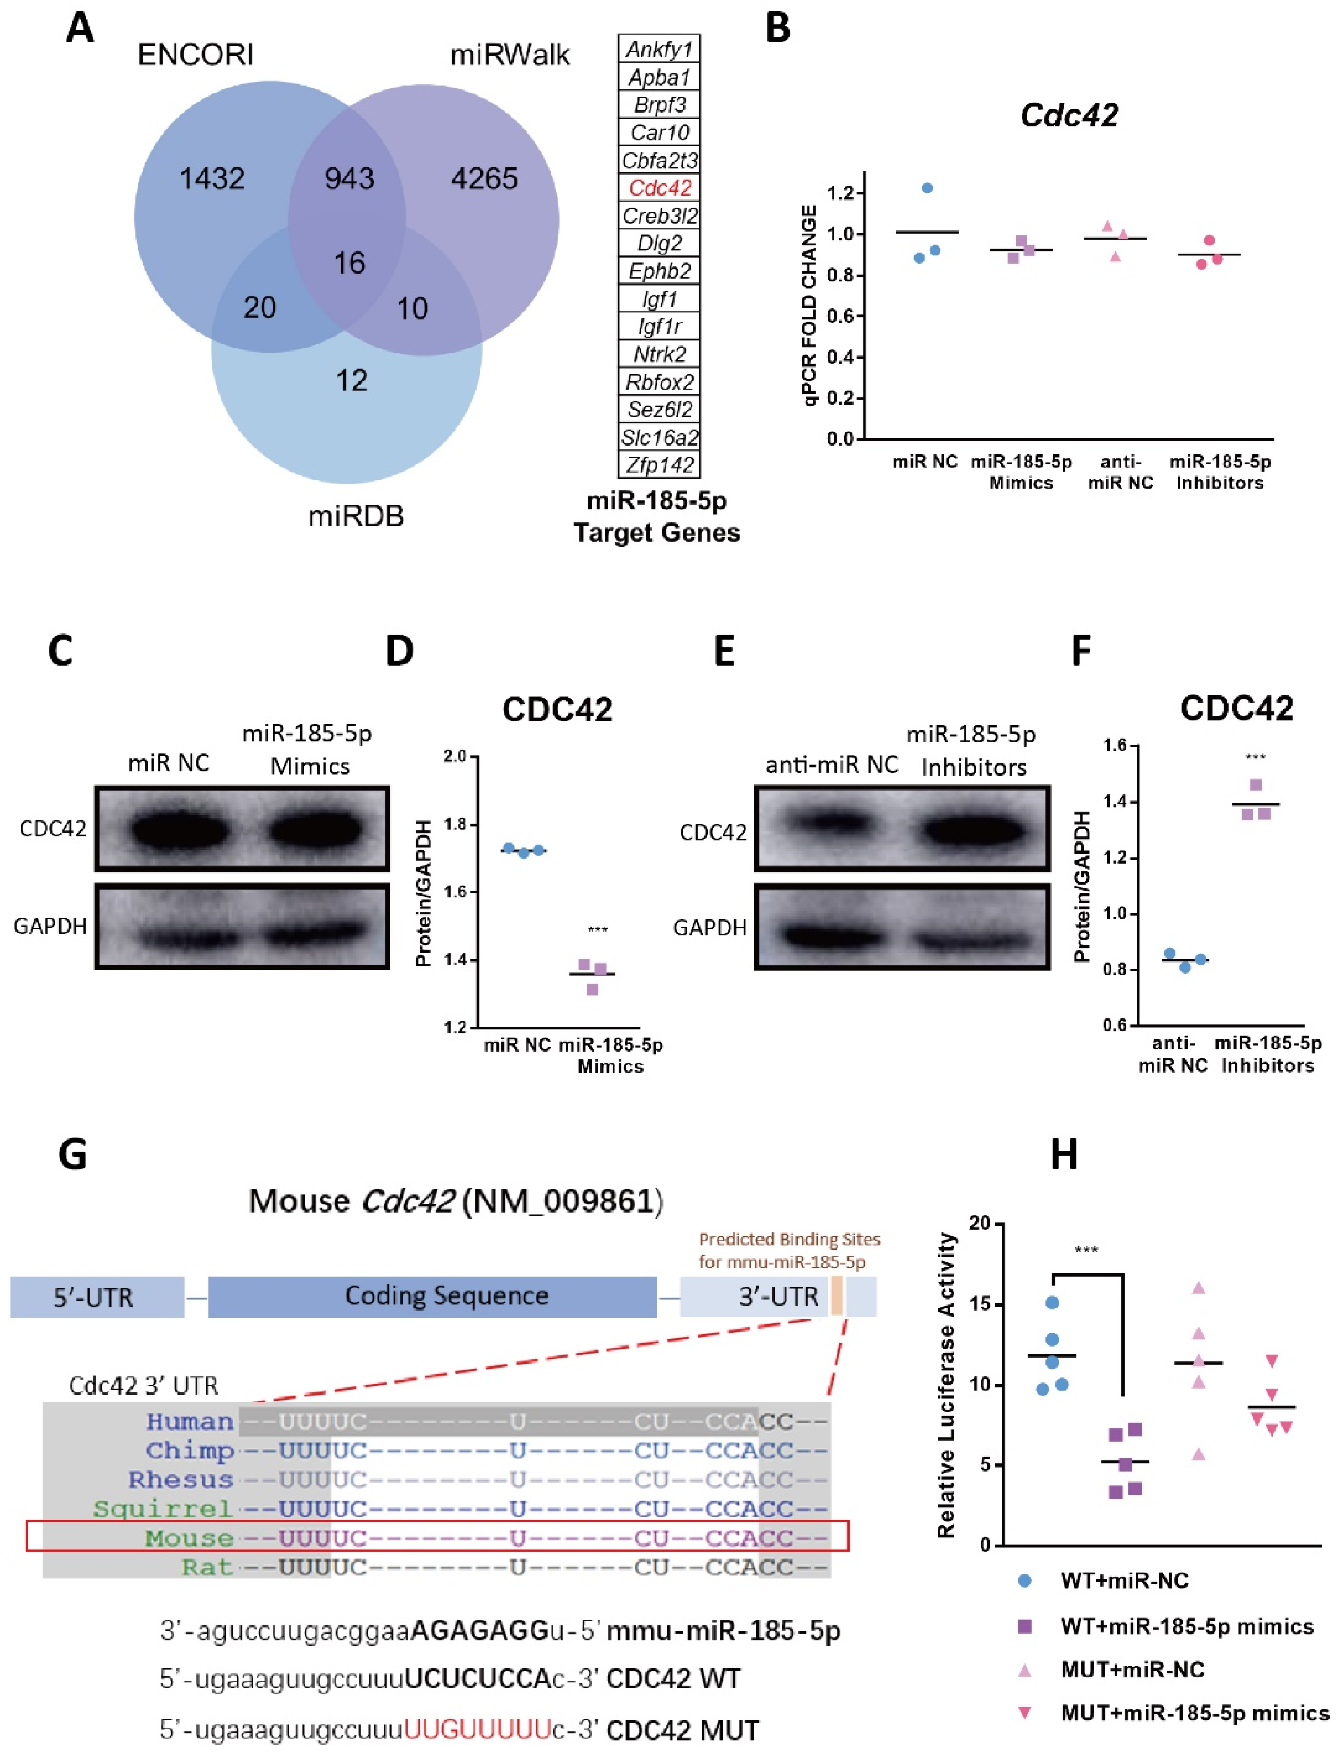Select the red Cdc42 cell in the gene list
click(660, 188)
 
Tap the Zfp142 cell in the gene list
click(660, 465)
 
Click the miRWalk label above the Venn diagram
click(510, 55)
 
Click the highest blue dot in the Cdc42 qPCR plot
click(927, 188)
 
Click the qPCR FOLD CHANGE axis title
click(810, 306)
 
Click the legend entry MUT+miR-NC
click(1132, 1670)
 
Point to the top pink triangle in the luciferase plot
click(1198, 1288)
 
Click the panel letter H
click(1064, 1155)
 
